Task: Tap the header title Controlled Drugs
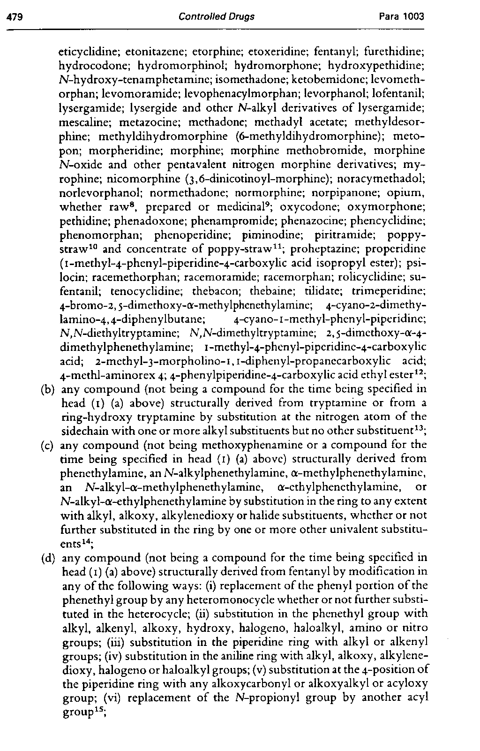coord(217,17)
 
